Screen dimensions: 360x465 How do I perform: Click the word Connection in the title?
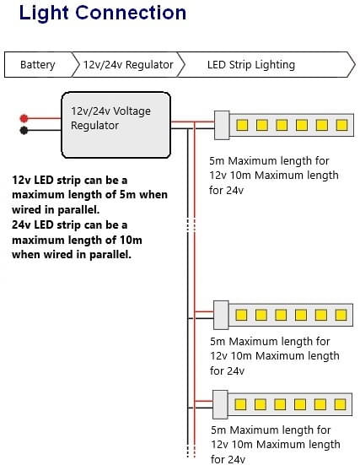tap(131, 13)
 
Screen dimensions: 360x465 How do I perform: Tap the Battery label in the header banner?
tap(38, 65)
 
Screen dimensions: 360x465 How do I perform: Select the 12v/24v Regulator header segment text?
tap(128, 65)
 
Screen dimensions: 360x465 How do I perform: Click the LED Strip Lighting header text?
tap(251, 65)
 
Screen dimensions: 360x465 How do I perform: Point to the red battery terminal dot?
tap(24, 118)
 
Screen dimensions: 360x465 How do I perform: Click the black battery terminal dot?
tap(24, 130)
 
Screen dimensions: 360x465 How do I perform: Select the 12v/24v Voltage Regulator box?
tap(116, 125)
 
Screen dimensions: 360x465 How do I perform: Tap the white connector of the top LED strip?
tap(222, 125)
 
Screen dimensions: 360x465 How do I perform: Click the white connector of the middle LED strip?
tap(221, 315)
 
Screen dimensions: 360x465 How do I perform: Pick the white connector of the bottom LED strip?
tap(220, 404)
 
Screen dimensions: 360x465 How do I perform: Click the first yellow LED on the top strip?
tap(242, 125)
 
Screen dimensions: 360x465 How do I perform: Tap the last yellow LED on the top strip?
tap(341, 125)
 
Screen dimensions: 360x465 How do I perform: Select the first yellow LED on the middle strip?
tap(241, 315)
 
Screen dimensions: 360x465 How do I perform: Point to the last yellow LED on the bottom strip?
tap(340, 404)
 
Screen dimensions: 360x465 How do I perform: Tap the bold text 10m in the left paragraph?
tap(131, 240)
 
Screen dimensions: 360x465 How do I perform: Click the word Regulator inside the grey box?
tap(94, 126)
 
